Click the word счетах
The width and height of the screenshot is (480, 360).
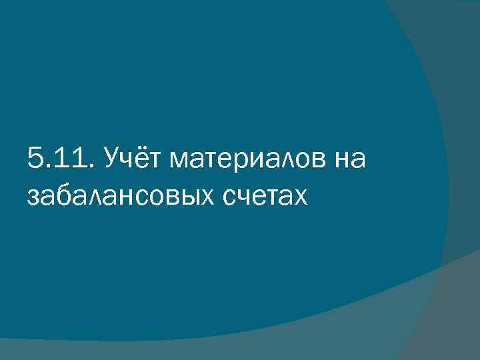259,197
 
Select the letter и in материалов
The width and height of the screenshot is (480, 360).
259,162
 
